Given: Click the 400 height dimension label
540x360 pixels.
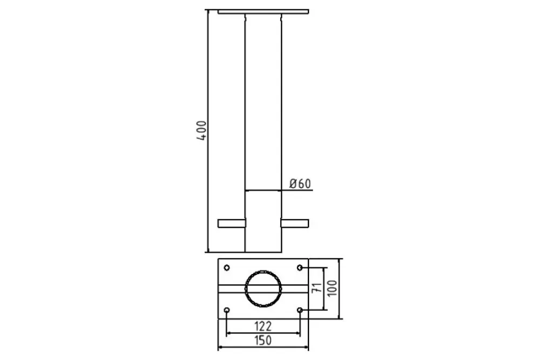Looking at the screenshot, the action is [x=202, y=131].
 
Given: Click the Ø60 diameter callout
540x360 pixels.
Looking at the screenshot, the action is [x=300, y=184].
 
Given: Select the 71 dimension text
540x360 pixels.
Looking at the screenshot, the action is [x=317, y=288].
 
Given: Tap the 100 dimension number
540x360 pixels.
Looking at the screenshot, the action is [x=332, y=288].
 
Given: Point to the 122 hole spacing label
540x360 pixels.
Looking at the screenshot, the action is [x=263, y=326].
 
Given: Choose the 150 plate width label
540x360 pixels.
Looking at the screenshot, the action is [x=263, y=341].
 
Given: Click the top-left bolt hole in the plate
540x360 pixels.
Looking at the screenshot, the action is [x=227, y=267].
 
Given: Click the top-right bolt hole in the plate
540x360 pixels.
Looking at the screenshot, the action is [x=300, y=267].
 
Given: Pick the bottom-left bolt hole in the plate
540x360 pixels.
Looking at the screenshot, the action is [x=227, y=310].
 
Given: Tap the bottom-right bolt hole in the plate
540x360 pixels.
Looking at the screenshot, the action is [x=300, y=310].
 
